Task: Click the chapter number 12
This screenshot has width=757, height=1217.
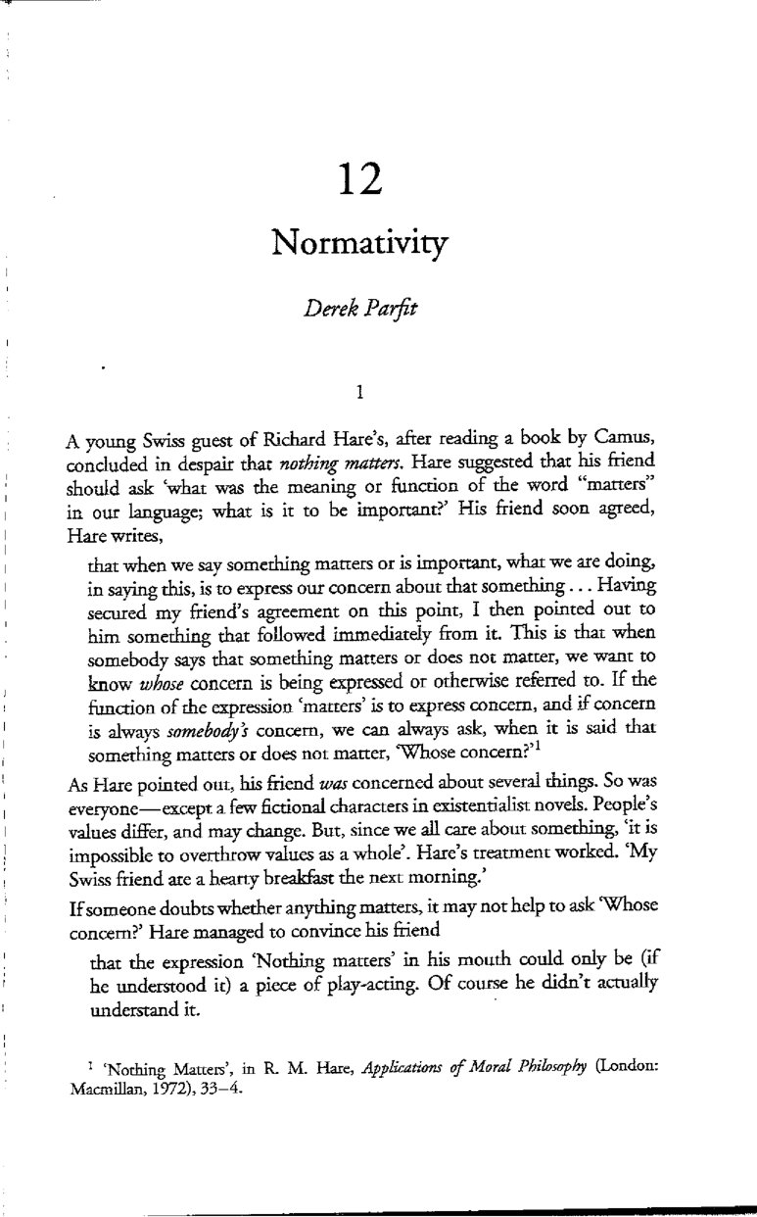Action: click(x=379, y=179)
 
